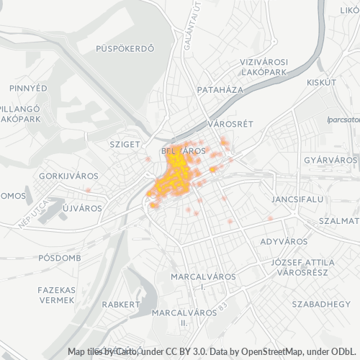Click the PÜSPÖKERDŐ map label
pos(125,49)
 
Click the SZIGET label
pos(125,144)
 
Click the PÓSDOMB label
pos(61,257)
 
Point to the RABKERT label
pos(120,305)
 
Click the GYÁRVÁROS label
pos(330,159)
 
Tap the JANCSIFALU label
pos(296,197)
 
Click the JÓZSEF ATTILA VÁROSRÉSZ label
pos(302,267)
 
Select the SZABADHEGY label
pos(321,305)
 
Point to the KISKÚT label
pos(322,83)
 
